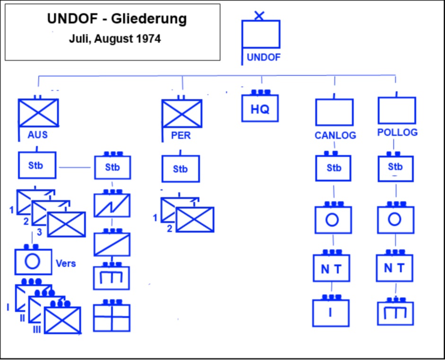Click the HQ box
tap(260, 108)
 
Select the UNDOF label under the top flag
tap(263, 58)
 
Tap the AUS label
tap(37, 135)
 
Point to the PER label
tap(181, 135)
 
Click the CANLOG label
tap(335, 136)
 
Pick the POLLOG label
tap(397, 132)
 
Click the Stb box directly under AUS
tap(37, 165)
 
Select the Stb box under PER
tap(180, 169)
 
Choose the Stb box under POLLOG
tap(395, 168)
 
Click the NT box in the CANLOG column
tap(332, 269)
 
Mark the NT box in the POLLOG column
tap(394, 268)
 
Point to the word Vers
tap(66, 263)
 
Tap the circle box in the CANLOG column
tap(333, 220)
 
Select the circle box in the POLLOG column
tap(395, 220)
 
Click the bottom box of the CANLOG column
tap(331, 313)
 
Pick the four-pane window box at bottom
tap(112, 317)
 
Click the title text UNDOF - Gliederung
tap(116, 19)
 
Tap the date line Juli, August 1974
tap(115, 39)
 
